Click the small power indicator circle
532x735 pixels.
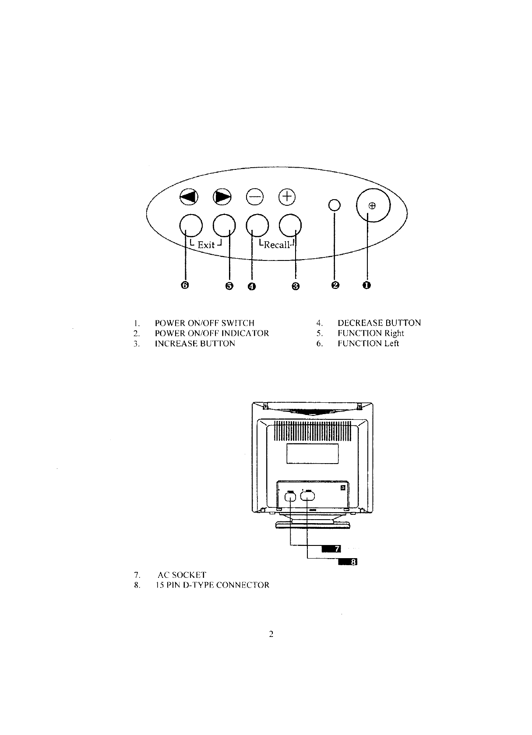click(335, 205)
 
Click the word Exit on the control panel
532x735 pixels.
click(206, 245)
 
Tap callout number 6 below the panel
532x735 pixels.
click(185, 285)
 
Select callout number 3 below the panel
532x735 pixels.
click(296, 286)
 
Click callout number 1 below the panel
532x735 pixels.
click(366, 285)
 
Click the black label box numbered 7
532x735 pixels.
click(331, 549)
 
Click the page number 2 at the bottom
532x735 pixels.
click(271, 634)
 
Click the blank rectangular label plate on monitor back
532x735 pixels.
click(312, 453)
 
